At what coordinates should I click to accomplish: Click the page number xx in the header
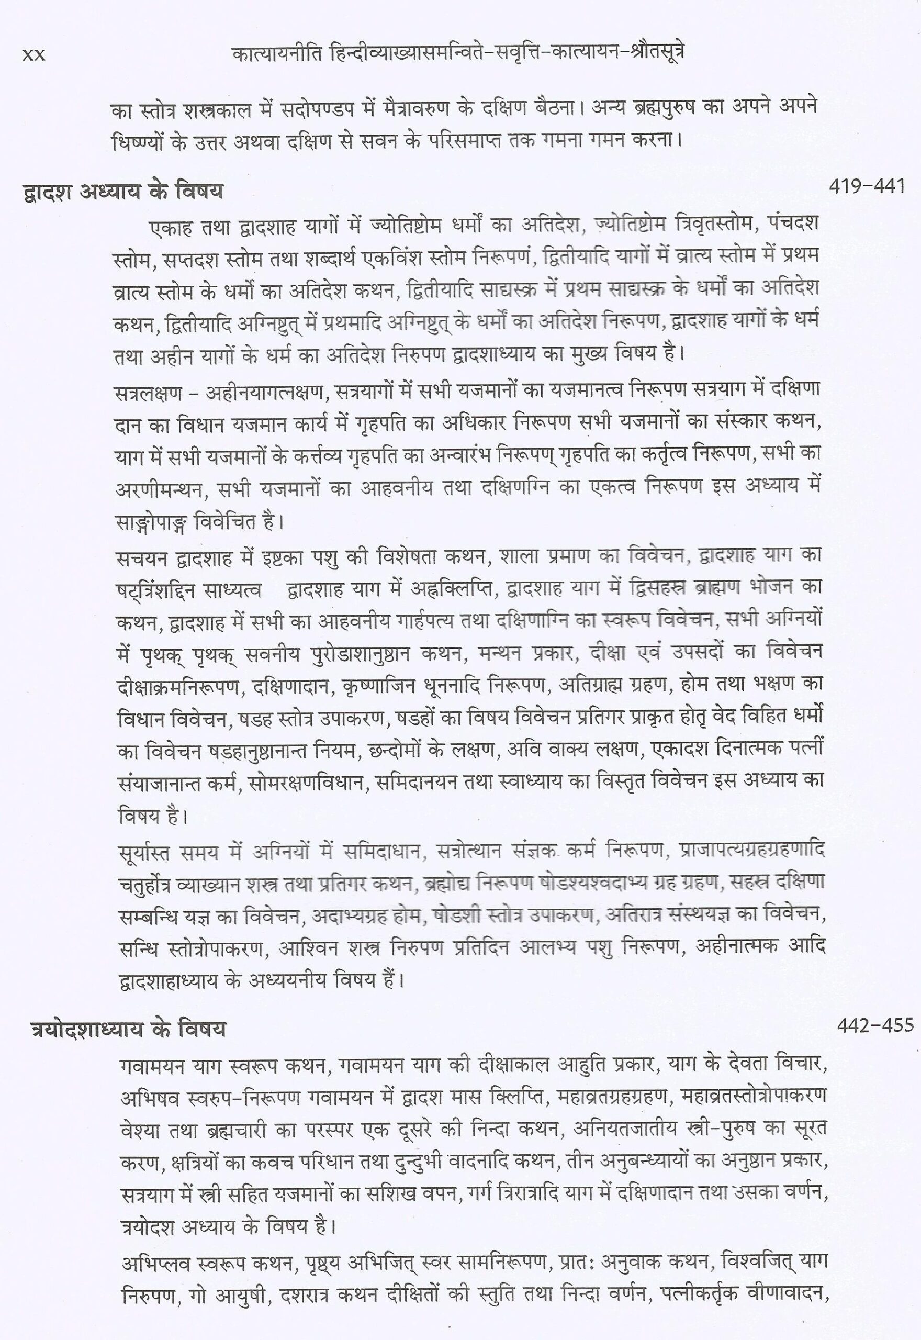[x=33, y=55]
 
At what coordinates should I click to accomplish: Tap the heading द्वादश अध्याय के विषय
[x=121, y=191]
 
